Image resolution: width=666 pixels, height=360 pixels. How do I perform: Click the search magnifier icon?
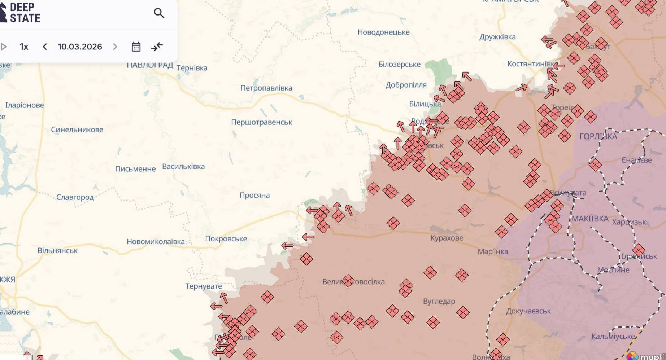pyautogui.click(x=159, y=13)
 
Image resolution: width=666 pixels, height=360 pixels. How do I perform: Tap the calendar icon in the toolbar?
pyautogui.click(x=136, y=47)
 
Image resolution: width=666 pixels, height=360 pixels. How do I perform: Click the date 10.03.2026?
pyautogui.click(x=80, y=47)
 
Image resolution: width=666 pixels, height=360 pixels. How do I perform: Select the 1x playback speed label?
pyautogui.click(x=24, y=47)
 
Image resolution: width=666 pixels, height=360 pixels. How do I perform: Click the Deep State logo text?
pyautogui.click(x=25, y=13)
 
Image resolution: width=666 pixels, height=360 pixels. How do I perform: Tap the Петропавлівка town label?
pyautogui.click(x=266, y=88)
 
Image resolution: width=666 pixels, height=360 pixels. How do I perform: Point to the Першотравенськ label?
pyautogui.click(x=261, y=122)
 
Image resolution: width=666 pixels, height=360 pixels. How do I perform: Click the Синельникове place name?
pyautogui.click(x=77, y=129)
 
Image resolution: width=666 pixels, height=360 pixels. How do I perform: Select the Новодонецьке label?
pyautogui.click(x=383, y=32)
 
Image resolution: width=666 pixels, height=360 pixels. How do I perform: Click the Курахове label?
pyautogui.click(x=447, y=238)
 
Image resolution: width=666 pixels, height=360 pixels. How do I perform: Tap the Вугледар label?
pyautogui.click(x=439, y=301)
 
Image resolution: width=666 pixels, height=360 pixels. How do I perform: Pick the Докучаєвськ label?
pyautogui.click(x=528, y=311)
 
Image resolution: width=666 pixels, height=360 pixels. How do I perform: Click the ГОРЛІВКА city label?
pyautogui.click(x=598, y=136)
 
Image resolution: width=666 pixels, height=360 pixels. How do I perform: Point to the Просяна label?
pyautogui.click(x=254, y=195)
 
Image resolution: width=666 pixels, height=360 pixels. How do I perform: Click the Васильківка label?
pyautogui.click(x=183, y=167)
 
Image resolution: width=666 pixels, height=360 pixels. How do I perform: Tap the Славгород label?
pyautogui.click(x=75, y=197)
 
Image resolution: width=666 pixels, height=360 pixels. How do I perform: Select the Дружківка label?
pyautogui.click(x=497, y=37)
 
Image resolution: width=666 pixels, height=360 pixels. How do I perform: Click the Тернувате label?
pyautogui.click(x=204, y=286)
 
